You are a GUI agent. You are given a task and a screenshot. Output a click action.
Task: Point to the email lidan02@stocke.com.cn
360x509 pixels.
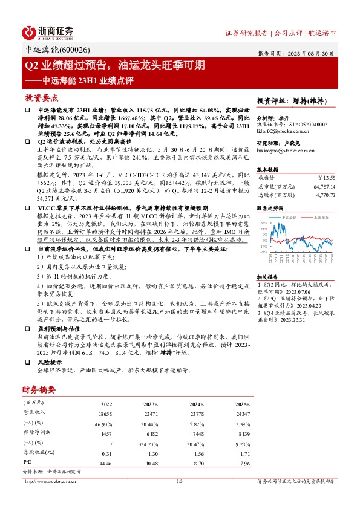click(283, 130)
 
